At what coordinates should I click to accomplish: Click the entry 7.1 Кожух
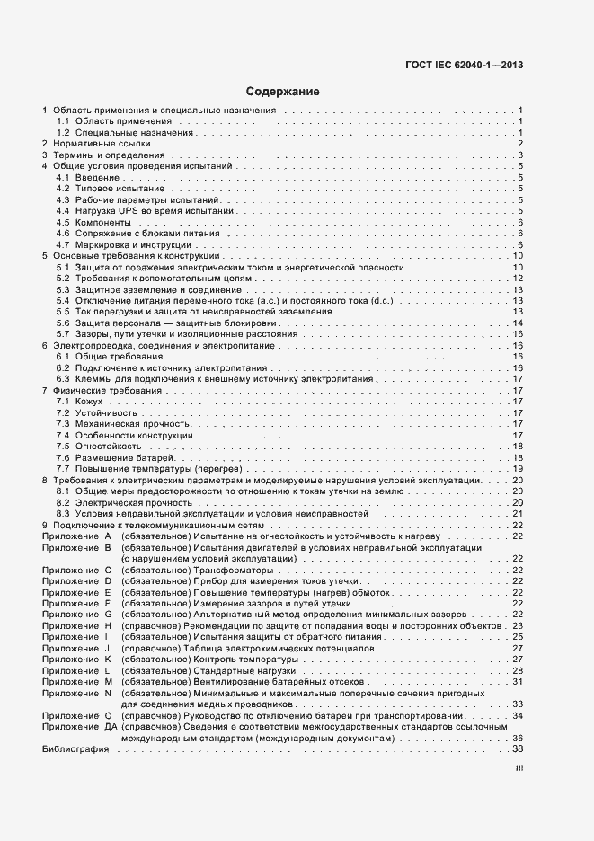(x=80, y=401)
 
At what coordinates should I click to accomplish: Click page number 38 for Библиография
(x=518, y=748)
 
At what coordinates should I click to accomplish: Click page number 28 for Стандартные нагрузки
(x=518, y=670)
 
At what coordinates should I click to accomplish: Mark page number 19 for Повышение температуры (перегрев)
(x=518, y=468)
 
